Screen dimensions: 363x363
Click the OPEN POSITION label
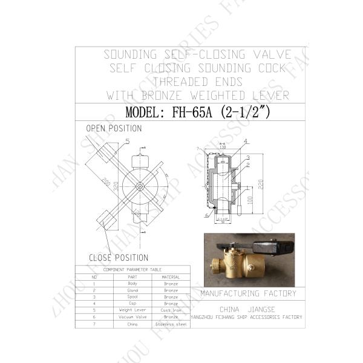[x=114, y=128]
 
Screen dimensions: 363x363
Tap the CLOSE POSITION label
[x=119, y=258]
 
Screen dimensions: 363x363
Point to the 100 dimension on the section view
[x=249, y=199]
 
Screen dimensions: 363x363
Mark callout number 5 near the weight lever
[x=128, y=140]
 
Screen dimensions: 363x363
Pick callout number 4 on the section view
[x=246, y=141]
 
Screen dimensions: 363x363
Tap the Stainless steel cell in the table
[x=171, y=324]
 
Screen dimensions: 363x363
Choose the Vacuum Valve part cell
[x=132, y=317]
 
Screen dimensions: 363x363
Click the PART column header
[x=132, y=277]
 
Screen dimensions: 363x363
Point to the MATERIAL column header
[x=171, y=277]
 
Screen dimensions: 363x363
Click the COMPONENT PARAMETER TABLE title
[x=133, y=269]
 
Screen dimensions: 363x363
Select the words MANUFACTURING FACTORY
[x=248, y=294]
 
